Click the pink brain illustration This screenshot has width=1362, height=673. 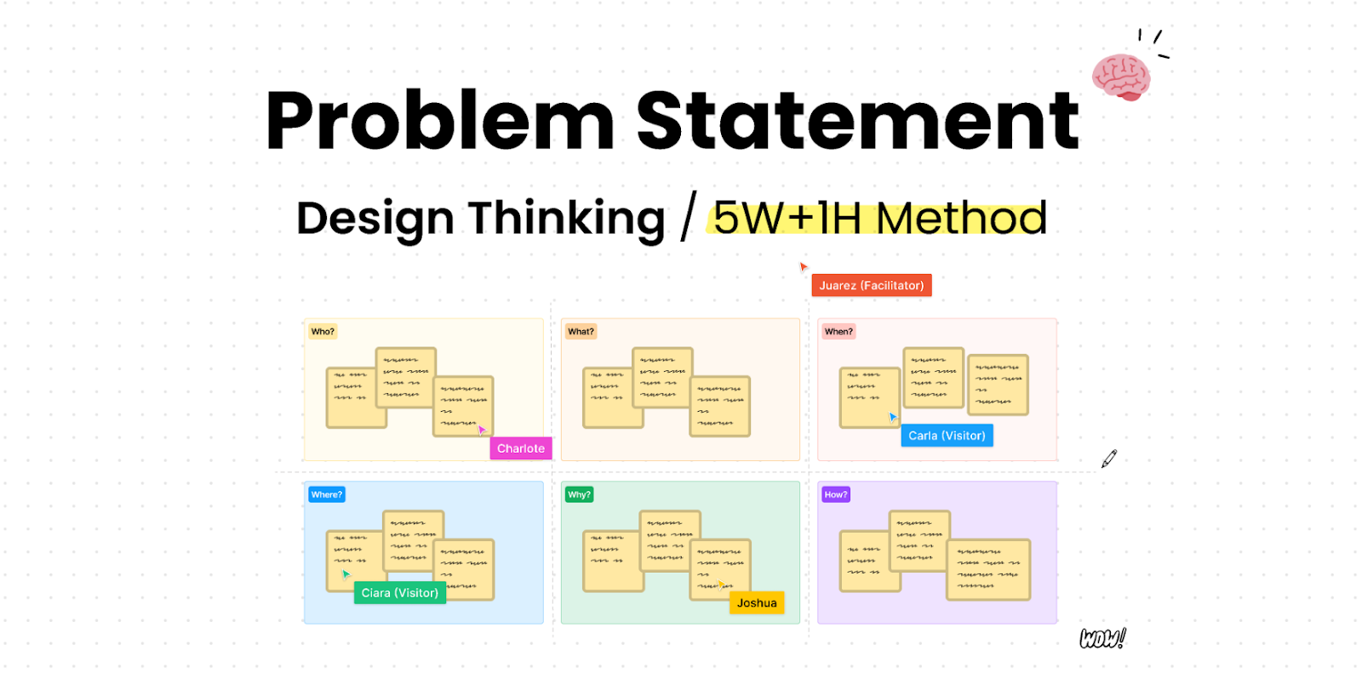tap(1121, 77)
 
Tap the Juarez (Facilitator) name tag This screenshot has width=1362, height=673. tap(871, 285)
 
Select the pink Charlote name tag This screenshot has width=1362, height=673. tap(520, 448)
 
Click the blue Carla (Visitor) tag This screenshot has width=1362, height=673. tap(947, 436)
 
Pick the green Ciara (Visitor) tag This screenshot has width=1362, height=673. tap(399, 593)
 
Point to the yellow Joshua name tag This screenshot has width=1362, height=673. tap(757, 603)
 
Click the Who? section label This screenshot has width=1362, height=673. tap(323, 332)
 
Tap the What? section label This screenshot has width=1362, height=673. tap(581, 332)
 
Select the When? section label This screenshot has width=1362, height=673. tap(838, 332)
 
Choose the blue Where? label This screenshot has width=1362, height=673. tap(326, 494)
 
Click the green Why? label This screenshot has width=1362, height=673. tap(579, 494)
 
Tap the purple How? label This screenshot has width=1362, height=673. tap(835, 494)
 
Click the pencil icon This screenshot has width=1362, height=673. tap(1108, 459)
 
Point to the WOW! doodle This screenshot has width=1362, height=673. tap(1102, 638)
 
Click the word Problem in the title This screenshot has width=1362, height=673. tap(439, 122)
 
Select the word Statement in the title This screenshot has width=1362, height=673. tap(857, 122)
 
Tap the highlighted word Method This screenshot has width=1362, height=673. tap(961, 219)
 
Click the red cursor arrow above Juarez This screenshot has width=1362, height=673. tap(803, 266)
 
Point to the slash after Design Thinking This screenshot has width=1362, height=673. tap(688, 217)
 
